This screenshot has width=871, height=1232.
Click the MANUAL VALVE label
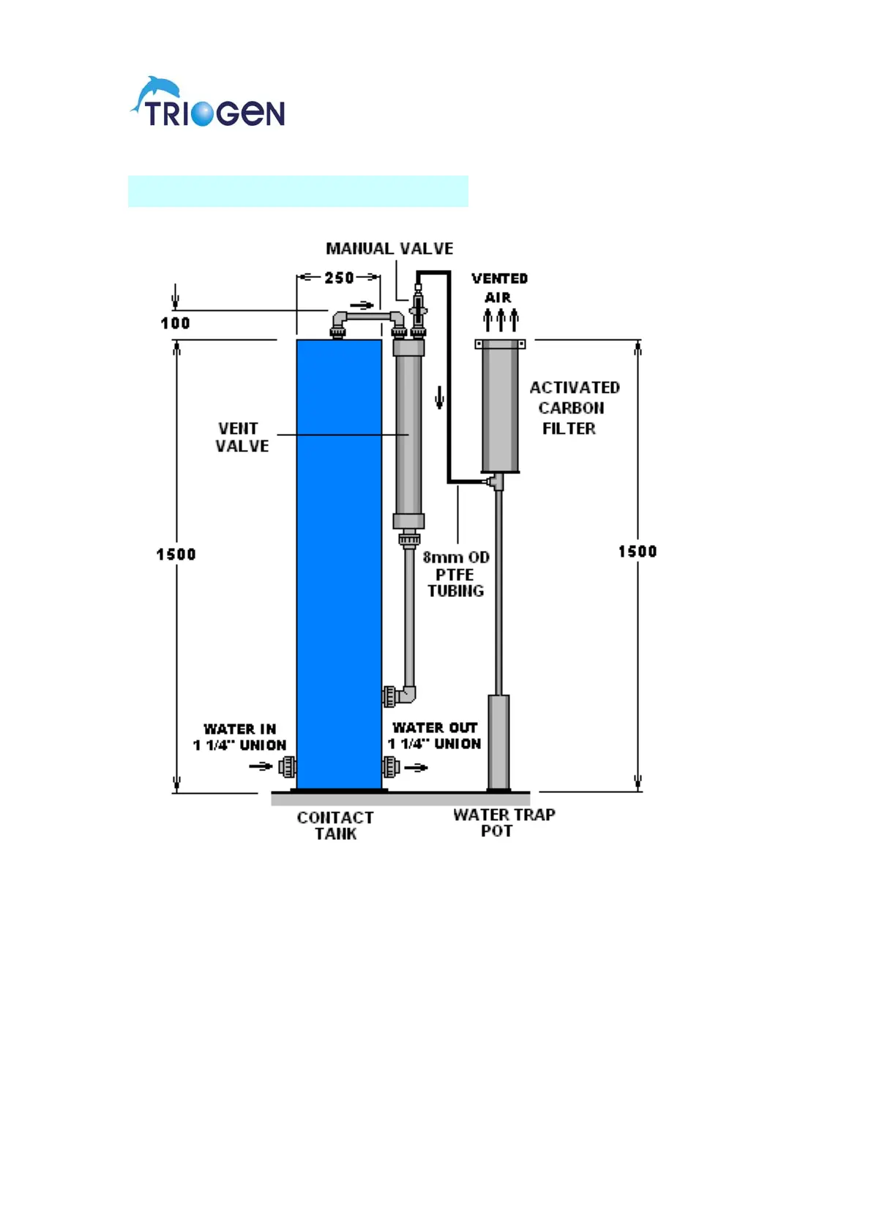[389, 249]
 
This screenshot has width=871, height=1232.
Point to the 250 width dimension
[339, 278]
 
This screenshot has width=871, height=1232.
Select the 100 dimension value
[176, 323]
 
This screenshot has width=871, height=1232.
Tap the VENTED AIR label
[499, 288]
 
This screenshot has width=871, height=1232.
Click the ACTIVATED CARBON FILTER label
[573, 407]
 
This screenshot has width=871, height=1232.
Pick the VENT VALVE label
[241, 437]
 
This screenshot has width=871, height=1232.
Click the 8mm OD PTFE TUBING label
[456, 574]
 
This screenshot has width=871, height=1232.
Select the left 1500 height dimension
[176, 555]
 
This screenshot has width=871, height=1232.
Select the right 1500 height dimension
[637, 552]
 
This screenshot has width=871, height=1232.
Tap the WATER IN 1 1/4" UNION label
[240, 737]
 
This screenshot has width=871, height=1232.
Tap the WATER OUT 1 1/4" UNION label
[435, 736]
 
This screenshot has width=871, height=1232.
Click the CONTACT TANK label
[335, 826]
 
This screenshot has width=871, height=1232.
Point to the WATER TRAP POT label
[504, 823]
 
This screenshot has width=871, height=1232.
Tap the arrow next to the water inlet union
[261, 767]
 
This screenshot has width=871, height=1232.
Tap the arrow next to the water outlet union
[416, 767]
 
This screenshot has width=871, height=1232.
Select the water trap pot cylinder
[498, 742]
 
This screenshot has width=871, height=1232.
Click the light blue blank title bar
[298, 191]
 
